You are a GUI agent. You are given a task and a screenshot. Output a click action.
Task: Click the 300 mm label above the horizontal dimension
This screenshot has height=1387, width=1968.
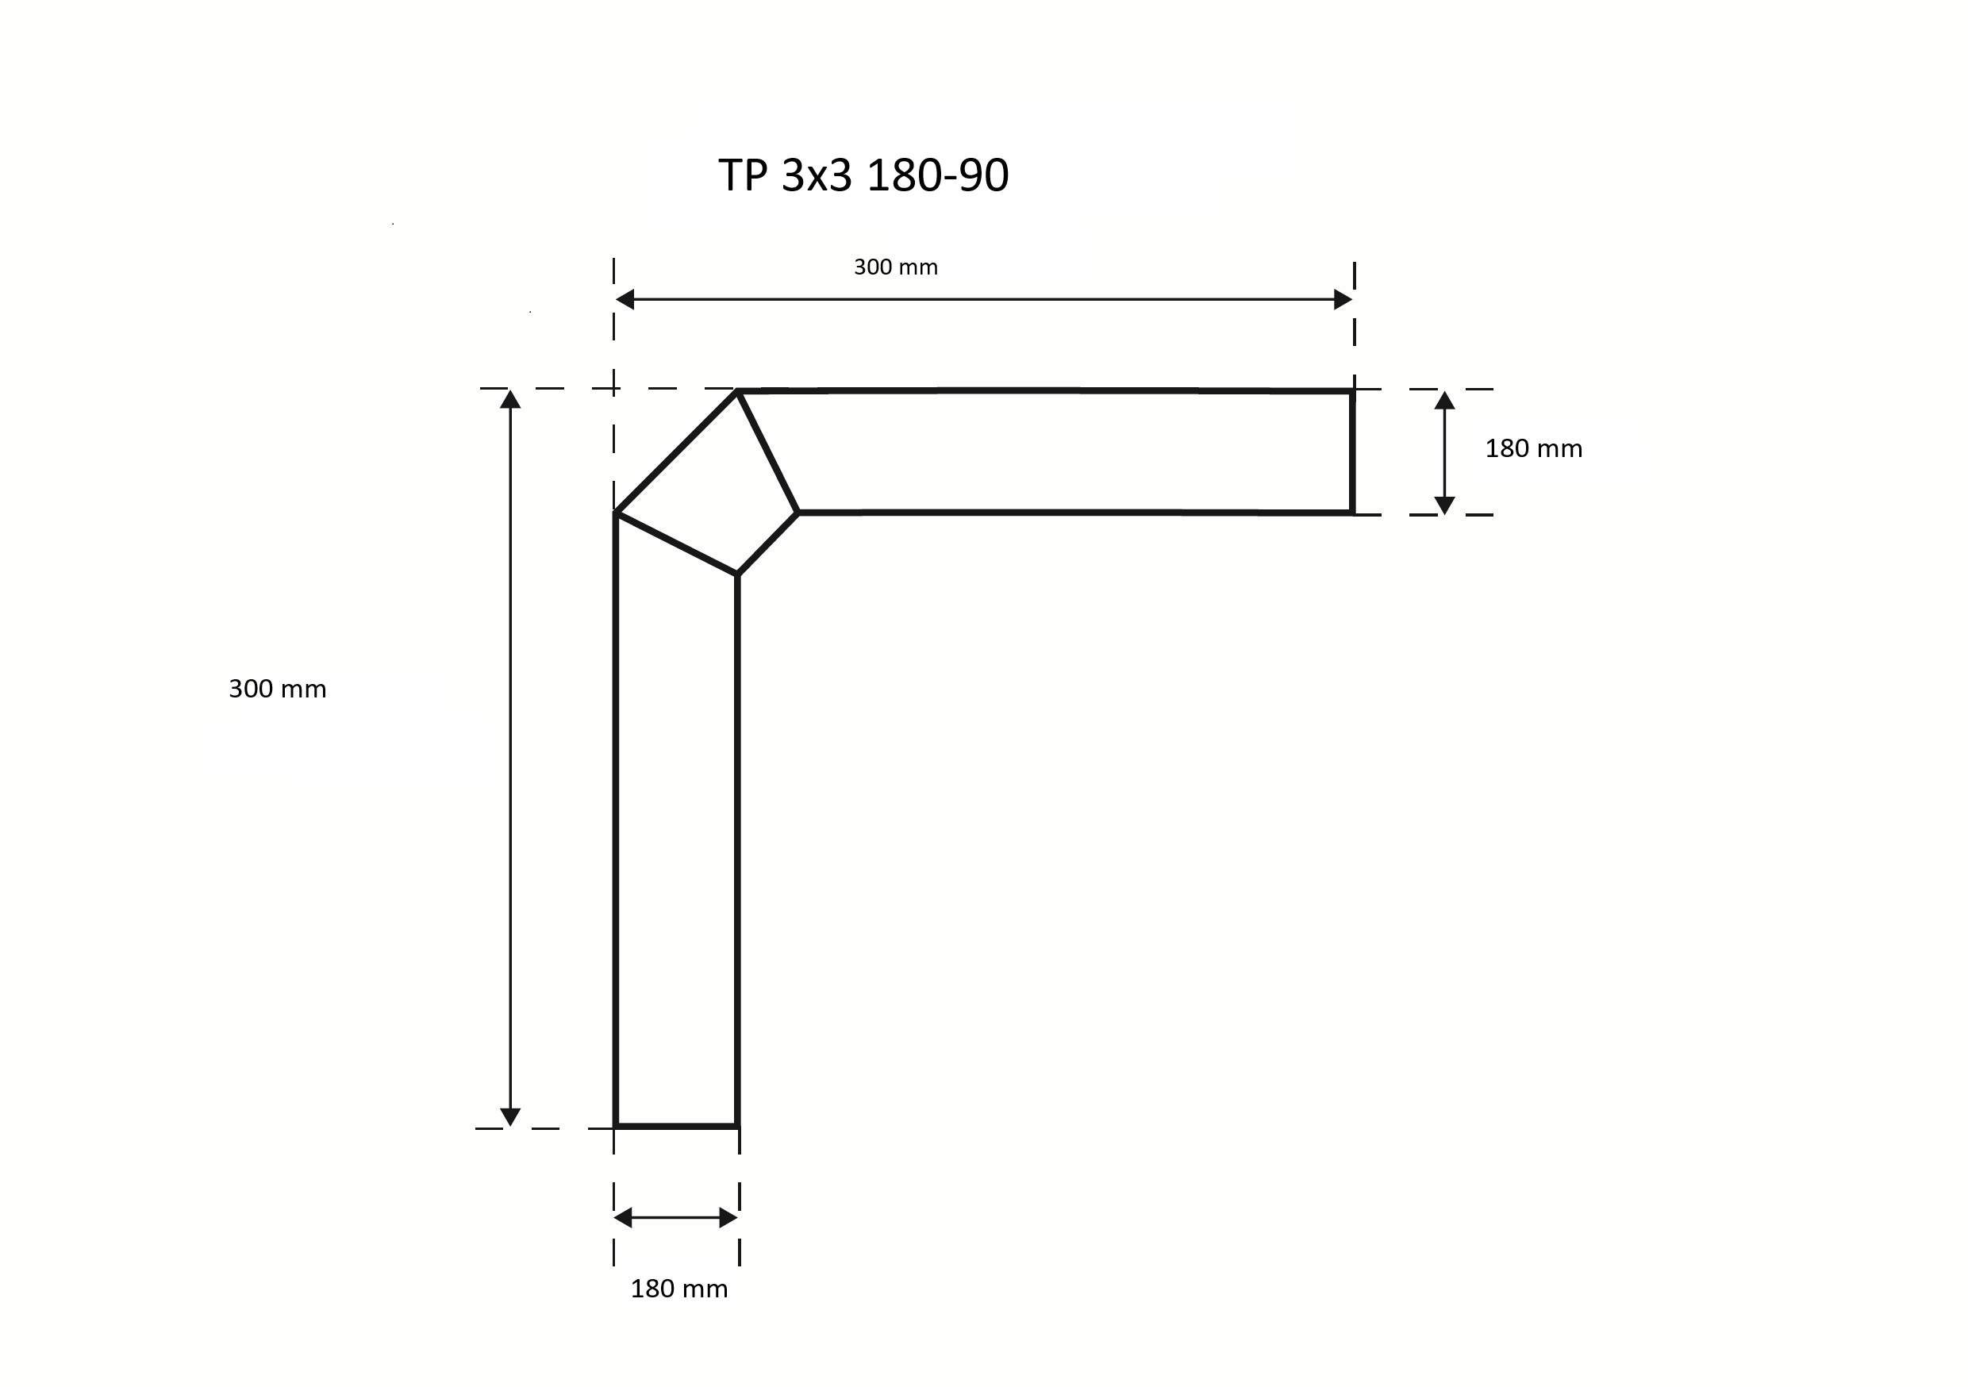pos(896,267)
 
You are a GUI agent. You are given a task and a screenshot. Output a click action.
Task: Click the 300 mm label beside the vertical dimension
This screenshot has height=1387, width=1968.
pos(278,690)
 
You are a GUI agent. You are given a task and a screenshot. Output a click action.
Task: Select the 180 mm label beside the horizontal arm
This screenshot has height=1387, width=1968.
pos(1533,448)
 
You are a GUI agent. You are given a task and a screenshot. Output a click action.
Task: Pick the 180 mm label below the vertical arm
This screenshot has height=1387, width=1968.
pos(678,1289)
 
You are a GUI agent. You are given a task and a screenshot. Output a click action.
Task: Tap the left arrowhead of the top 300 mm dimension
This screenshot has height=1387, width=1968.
pos(625,299)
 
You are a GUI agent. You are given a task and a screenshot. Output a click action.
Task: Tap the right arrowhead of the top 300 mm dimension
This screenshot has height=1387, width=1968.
pos(1343,299)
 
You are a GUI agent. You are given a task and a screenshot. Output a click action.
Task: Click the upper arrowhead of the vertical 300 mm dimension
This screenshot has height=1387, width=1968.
pos(510,399)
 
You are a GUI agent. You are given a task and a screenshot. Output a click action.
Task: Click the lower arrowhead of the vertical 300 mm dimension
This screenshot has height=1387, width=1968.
pos(510,1117)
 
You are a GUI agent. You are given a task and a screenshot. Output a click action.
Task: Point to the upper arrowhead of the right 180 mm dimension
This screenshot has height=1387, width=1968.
pos(1444,401)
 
